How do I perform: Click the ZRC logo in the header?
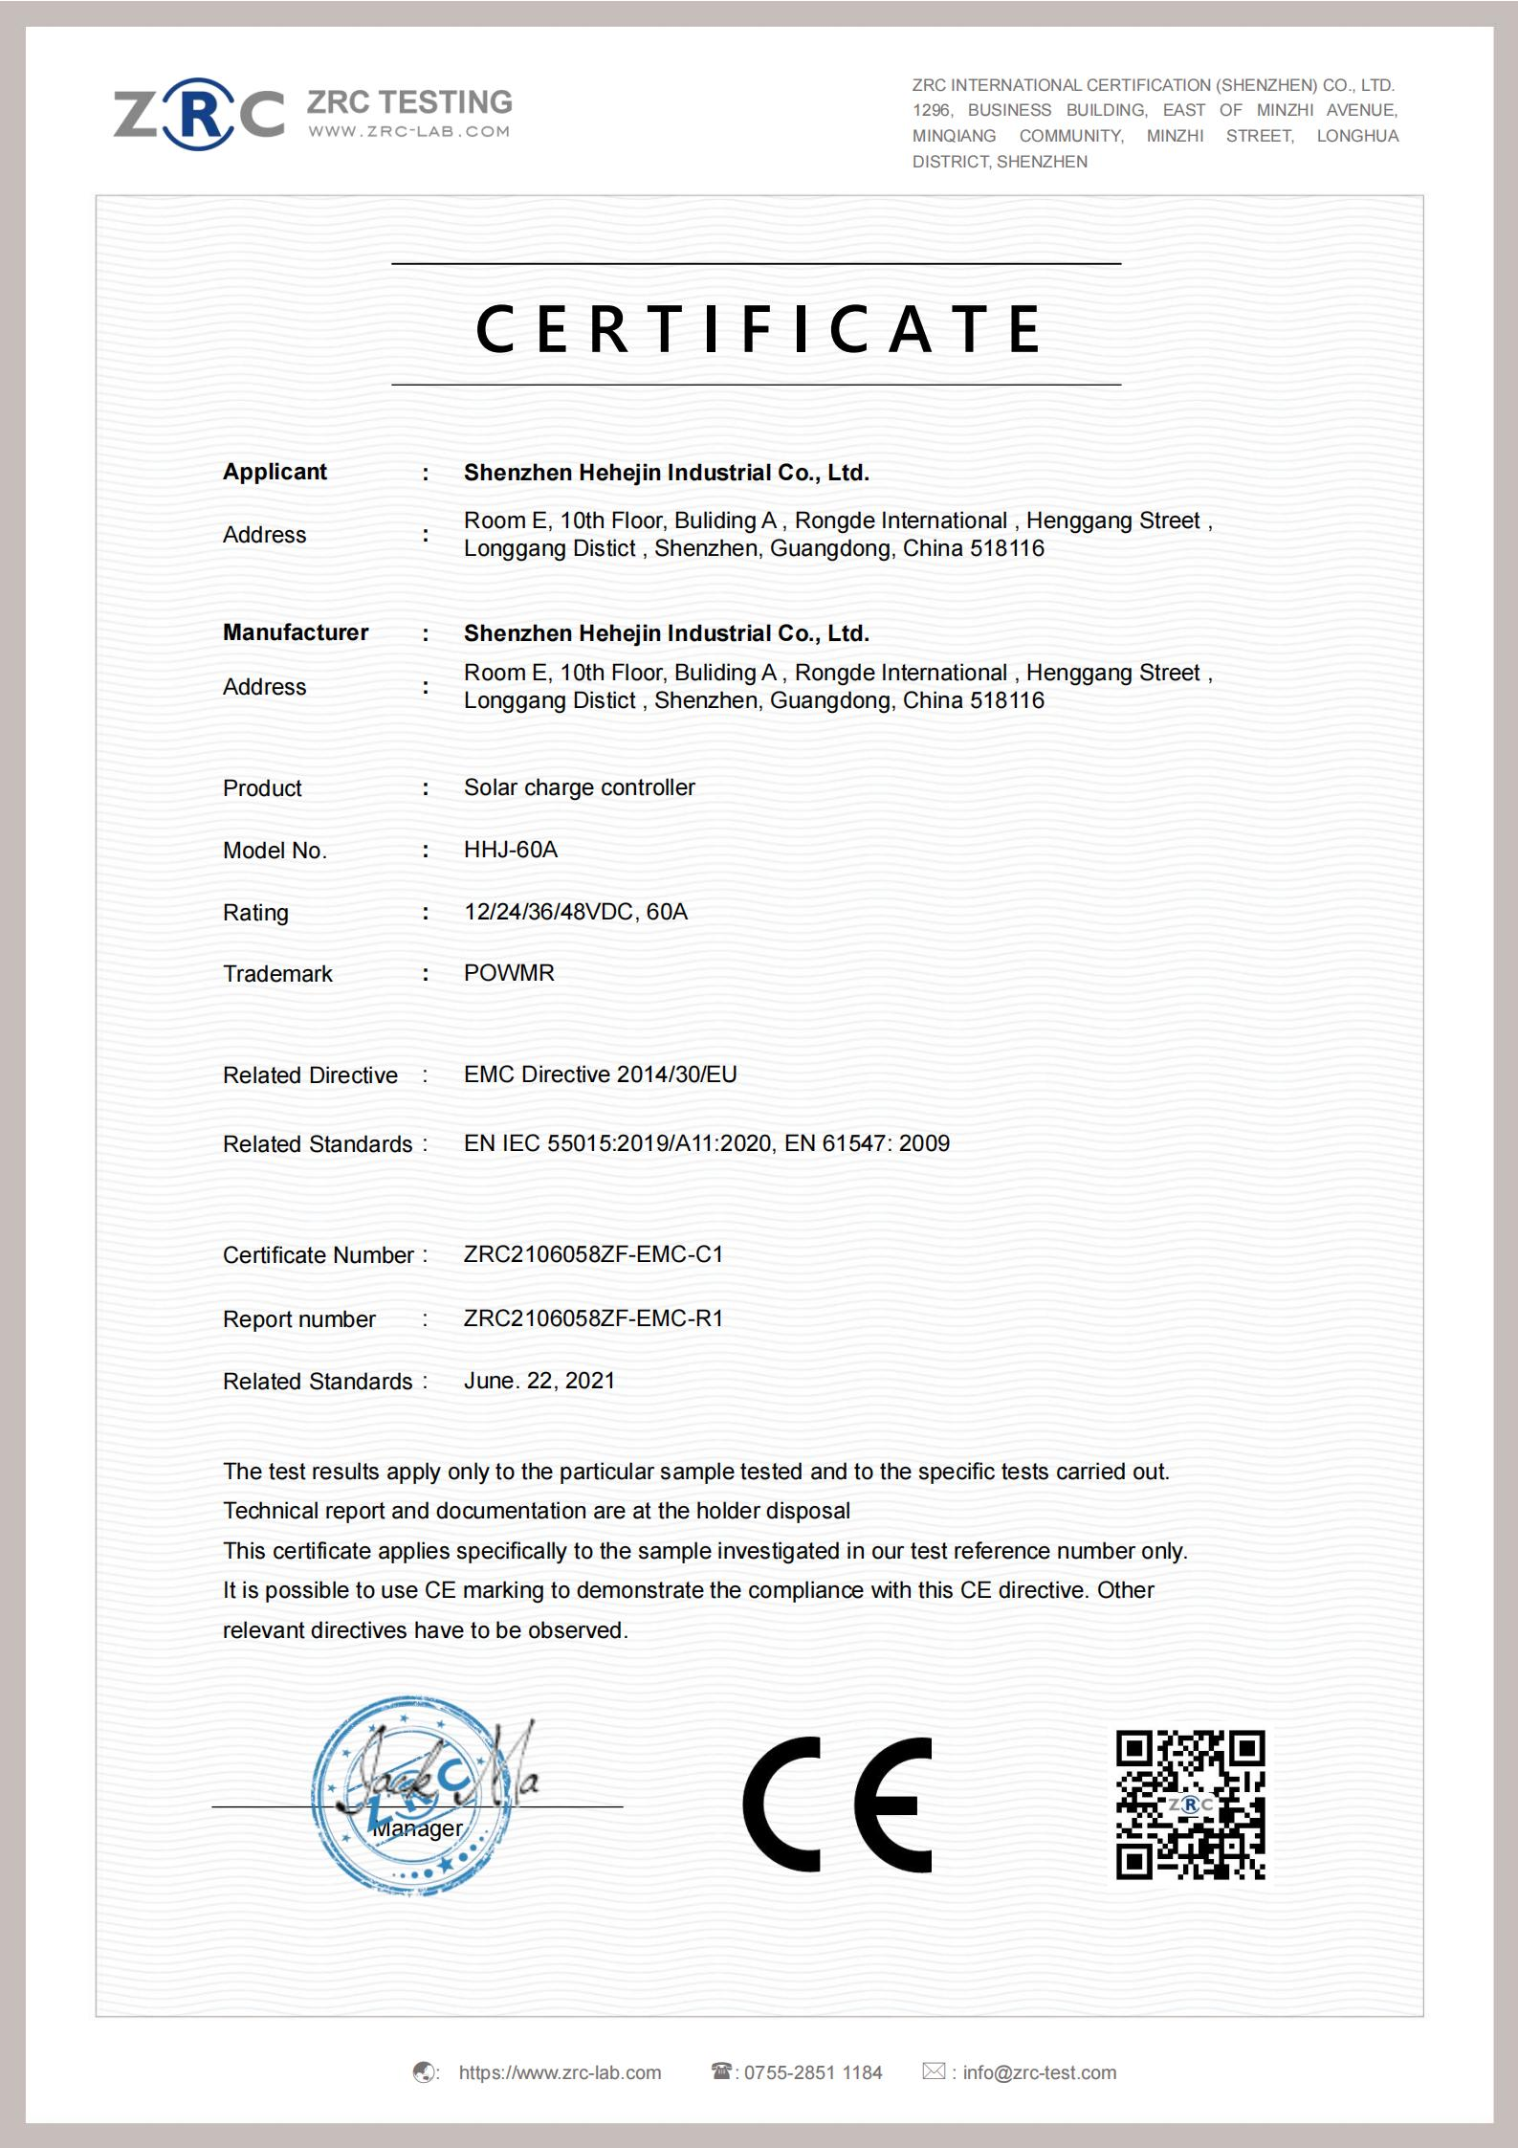(199, 114)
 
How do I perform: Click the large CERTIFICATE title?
(758, 328)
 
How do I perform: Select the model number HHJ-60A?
(510, 850)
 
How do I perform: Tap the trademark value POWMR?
(509, 973)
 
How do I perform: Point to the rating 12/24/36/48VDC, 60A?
(576, 912)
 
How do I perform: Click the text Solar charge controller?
(579, 787)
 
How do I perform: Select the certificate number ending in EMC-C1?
(593, 1254)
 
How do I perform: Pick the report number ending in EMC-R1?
(593, 1318)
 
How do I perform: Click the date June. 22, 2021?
(539, 1381)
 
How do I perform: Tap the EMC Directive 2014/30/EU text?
(601, 1074)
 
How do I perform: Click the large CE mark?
(837, 1805)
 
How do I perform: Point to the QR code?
(1190, 1805)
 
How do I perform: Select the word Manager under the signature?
(417, 1828)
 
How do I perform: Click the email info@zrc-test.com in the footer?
(1039, 2072)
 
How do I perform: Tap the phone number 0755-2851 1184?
(813, 2072)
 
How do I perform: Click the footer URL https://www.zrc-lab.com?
(560, 2072)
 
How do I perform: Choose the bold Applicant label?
(275, 472)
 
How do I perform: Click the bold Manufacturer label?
(296, 632)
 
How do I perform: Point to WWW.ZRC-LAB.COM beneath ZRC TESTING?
(408, 131)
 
